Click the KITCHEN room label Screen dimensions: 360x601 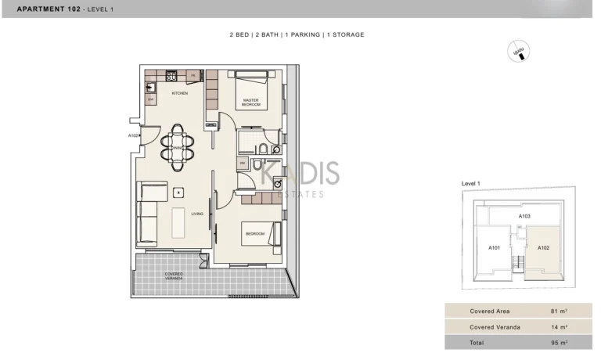180,93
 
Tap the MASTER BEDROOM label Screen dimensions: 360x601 250,103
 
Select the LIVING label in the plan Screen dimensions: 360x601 197,213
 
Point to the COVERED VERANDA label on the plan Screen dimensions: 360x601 174,276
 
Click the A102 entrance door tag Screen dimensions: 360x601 133,135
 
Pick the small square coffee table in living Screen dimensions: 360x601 178,192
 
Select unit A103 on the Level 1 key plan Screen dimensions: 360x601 525,215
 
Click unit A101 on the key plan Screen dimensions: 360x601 495,247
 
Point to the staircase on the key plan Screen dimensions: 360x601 517,264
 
